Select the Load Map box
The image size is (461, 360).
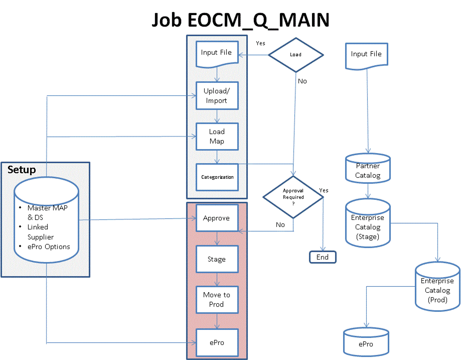pyautogui.click(x=217, y=137)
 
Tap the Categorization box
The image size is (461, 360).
pyautogui.click(x=217, y=177)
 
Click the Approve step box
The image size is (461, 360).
pyautogui.click(x=217, y=218)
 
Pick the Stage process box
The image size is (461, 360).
pyautogui.click(x=217, y=260)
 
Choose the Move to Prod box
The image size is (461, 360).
pyautogui.click(x=217, y=300)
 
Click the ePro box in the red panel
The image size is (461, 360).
pyautogui.click(x=217, y=342)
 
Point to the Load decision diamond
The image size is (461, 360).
pyautogui.click(x=296, y=54)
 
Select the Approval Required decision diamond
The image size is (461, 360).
pyautogui.click(x=293, y=197)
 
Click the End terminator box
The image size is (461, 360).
pyautogui.click(x=323, y=257)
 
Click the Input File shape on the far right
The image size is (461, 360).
pyautogui.click(x=366, y=55)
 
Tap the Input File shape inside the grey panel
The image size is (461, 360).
pyautogui.click(x=217, y=53)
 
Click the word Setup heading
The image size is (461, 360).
pyautogui.click(x=22, y=170)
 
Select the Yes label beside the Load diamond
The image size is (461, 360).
pyautogui.click(x=260, y=43)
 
